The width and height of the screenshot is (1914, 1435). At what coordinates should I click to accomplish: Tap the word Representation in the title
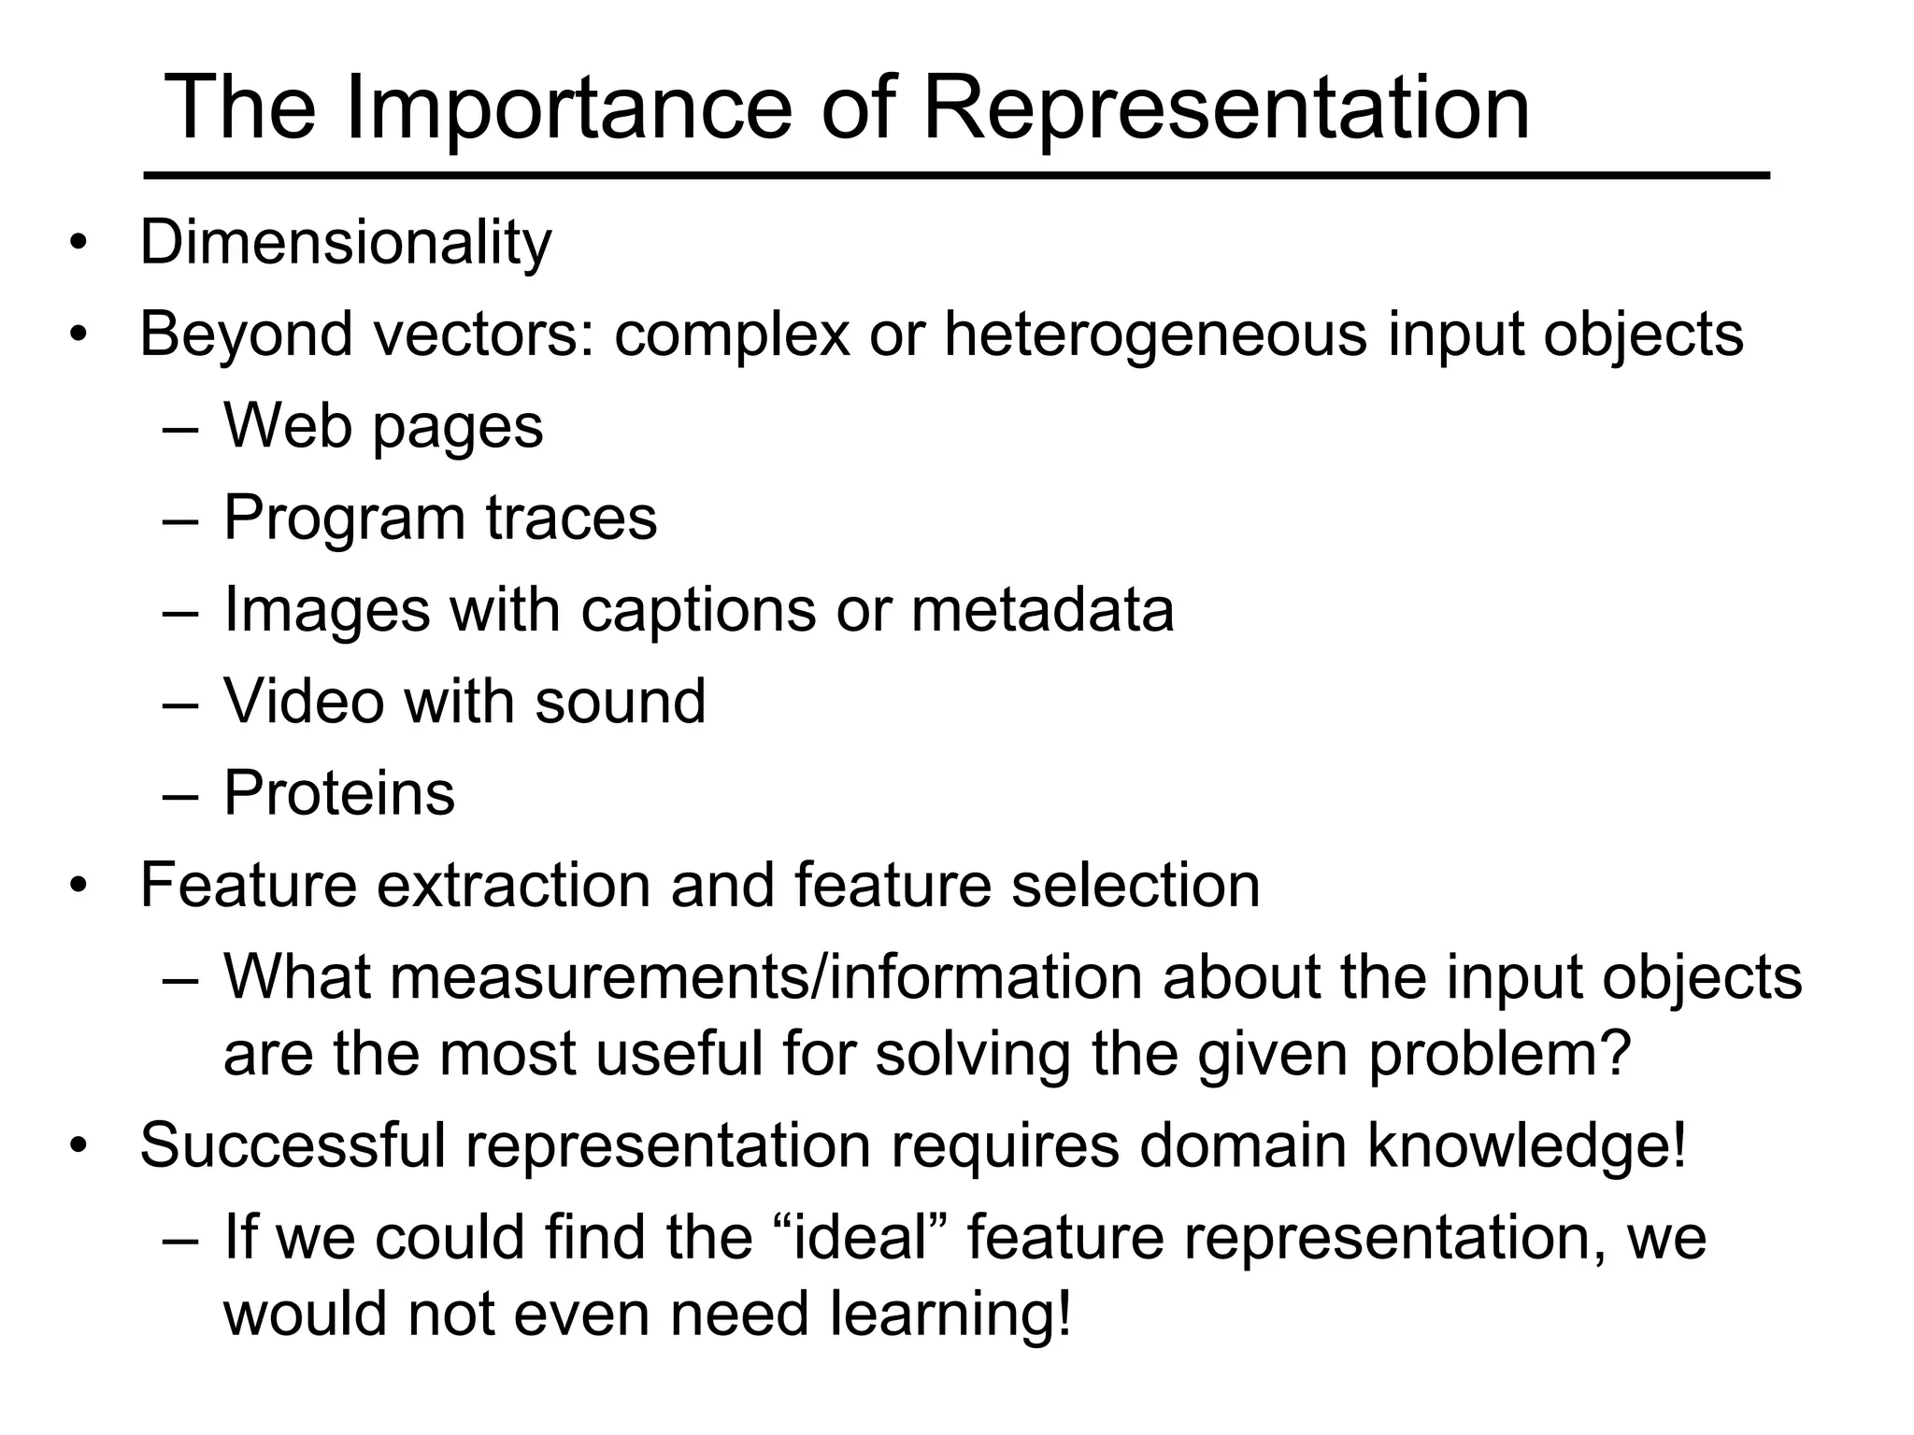pos(1226,110)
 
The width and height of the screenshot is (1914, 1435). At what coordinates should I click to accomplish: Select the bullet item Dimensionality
pos(346,243)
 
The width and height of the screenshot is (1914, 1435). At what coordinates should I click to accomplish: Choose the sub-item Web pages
pos(383,427)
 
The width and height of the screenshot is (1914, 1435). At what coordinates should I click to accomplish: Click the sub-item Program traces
pos(440,518)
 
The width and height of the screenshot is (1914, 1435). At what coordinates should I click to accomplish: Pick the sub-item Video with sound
pos(464,701)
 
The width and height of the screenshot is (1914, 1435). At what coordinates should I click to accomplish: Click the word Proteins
pos(339,793)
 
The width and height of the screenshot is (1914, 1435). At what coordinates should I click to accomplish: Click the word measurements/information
pos(766,977)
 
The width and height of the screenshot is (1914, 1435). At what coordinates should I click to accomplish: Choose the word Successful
pos(293,1145)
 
